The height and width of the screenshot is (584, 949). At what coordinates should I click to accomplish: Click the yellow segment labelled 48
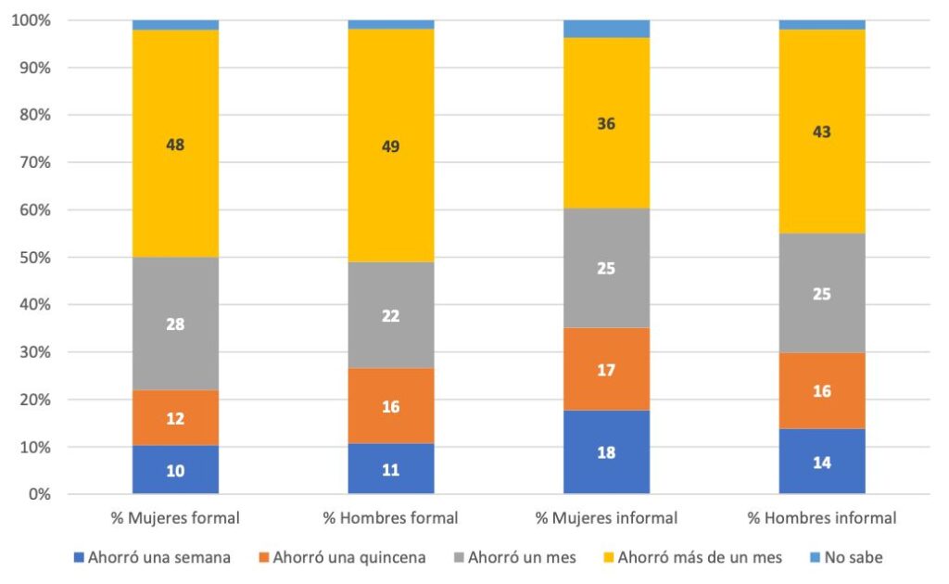(176, 144)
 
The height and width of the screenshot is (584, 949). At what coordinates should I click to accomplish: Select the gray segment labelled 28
(176, 324)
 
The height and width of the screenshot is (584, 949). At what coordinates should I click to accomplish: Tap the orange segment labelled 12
(176, 418)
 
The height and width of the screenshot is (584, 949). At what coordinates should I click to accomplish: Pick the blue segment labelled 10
(176, 470)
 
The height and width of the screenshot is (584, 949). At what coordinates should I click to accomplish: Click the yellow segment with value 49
(391, 146)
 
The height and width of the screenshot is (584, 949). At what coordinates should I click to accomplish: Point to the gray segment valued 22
(391, 315)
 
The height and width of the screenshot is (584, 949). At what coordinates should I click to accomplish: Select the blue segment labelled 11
(391, 470)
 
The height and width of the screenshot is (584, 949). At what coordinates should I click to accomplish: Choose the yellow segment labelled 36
(606, 123)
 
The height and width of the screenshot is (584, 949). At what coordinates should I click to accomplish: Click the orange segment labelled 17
(606, 369)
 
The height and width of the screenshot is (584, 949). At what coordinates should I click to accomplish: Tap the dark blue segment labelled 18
(606, 452)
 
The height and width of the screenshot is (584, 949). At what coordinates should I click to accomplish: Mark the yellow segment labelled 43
(821, 132)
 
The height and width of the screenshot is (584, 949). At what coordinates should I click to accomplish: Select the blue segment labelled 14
(821, 462)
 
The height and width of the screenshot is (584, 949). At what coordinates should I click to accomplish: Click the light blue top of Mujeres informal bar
(606, 29)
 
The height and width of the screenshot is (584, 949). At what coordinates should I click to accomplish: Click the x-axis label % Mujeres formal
(175, 517)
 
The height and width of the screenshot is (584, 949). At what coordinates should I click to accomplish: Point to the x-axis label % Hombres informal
(821, 517)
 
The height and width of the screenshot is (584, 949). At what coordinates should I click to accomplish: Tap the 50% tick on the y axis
(32, 257)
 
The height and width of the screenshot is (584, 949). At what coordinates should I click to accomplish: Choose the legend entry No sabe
(848, 557)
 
